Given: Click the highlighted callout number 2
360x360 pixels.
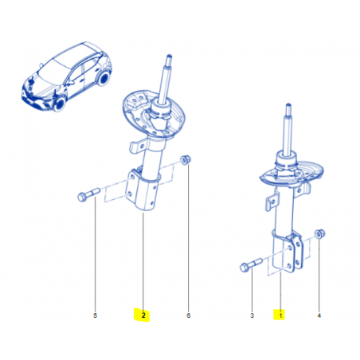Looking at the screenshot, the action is [143, 315].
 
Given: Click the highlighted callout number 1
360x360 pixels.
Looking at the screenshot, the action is [280, 315].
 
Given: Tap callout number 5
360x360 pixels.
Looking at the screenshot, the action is [96, 315].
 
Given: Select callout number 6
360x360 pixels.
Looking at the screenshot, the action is [188, 315].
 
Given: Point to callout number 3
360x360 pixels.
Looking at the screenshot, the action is [252, 315].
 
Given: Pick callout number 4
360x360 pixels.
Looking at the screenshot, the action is [319, 315].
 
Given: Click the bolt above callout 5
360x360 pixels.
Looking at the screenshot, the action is [88, 195].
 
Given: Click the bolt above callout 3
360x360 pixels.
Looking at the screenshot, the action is [251, 264].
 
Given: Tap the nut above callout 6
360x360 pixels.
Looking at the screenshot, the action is [186, 159].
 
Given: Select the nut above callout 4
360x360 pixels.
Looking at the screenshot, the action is [320, 233].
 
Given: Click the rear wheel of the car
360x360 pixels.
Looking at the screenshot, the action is [103, 78].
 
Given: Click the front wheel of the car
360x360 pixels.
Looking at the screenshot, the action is [61, 104].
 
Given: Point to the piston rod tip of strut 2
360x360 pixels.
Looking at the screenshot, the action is [169, 57].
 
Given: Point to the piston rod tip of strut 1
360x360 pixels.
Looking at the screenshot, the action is [288, 106].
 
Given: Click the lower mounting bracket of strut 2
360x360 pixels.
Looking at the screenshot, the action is [141, 190].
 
